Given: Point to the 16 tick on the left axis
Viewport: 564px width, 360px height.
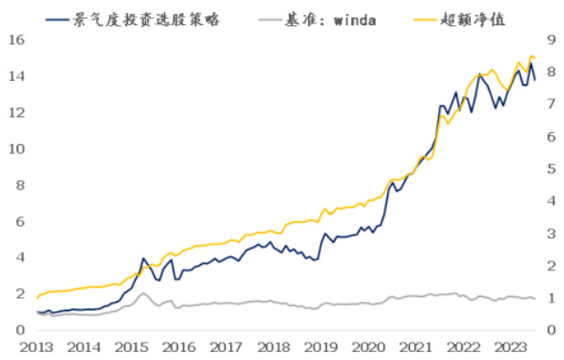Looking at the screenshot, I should tap(15, 40).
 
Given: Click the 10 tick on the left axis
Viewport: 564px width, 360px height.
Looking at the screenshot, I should tap(15, 149).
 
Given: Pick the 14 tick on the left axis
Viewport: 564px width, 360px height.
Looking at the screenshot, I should tap(15, 76).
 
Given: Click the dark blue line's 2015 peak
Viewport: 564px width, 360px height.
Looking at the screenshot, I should tap(143, 258).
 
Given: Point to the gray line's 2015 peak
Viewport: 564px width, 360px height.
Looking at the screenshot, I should tap(143, 293).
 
